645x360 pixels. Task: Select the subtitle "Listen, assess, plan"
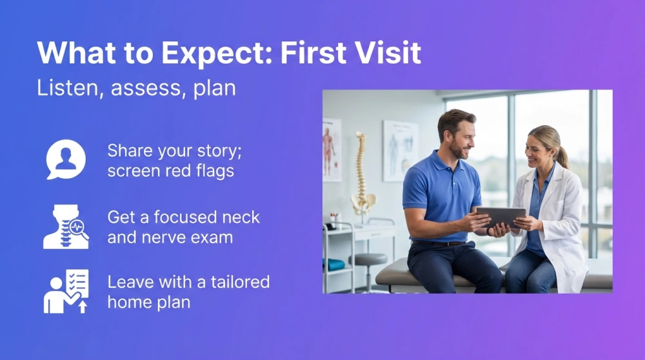pos(136,88)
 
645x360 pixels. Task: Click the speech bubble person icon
pos(66,159)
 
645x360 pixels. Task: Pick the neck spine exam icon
pos(66,226)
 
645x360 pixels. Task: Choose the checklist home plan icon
pos(66,292)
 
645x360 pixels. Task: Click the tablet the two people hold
pos(500,216)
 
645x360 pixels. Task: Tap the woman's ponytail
pos(564,157)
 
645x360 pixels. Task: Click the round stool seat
pos(367,259)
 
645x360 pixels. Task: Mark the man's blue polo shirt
pos(439,194)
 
